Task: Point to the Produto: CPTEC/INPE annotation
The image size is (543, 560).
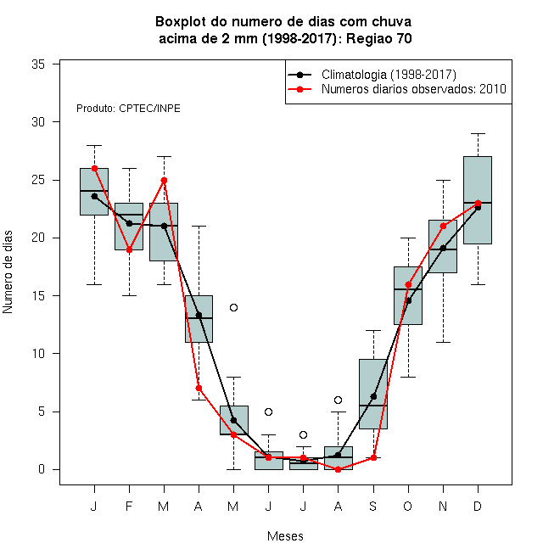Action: [x=128, y=109]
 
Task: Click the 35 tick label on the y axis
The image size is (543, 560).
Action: [x=38, y=64]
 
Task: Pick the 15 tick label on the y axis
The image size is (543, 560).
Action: [x=38, y=296]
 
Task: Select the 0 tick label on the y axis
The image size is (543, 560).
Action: [x=42, y=469]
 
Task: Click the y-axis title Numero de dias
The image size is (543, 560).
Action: [x=8, y=272]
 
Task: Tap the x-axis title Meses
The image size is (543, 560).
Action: [x=285, y=536]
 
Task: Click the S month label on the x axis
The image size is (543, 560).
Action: [x=373, y=506]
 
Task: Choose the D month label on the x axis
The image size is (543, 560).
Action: [x=478, y=506]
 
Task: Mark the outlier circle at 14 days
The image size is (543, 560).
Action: [x=233, y=307]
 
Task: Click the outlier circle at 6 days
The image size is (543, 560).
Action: [x=338, y=400]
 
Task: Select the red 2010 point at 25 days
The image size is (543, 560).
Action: [x=164, y=181]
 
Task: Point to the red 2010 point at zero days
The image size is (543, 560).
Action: [x=338, y=469]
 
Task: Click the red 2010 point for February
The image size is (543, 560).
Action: [x=129, y=249]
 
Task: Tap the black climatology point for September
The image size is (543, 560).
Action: [x=373, y=396]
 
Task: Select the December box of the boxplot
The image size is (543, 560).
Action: [x=478, y=200]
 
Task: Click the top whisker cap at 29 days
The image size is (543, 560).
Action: [x=478, y=133]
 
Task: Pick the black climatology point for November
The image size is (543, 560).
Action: [x=443, y=249]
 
